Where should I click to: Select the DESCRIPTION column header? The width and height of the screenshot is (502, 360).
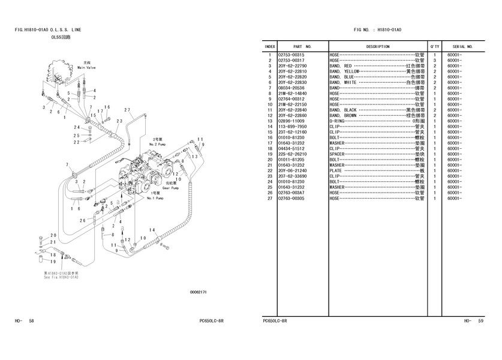[378, 46]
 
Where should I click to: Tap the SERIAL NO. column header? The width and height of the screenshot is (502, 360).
[462, 46]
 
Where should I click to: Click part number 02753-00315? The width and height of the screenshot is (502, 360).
[291, 55]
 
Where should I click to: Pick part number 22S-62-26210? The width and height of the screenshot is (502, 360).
[292, 154]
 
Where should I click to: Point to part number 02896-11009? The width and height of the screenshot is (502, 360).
[291, 121]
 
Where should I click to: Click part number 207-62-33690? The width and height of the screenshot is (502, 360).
[292, 176]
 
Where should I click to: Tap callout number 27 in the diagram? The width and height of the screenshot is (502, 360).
[127, 110]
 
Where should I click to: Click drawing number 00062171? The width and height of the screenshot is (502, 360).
[198, 292]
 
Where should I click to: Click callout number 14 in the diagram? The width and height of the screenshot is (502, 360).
[152, 230]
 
